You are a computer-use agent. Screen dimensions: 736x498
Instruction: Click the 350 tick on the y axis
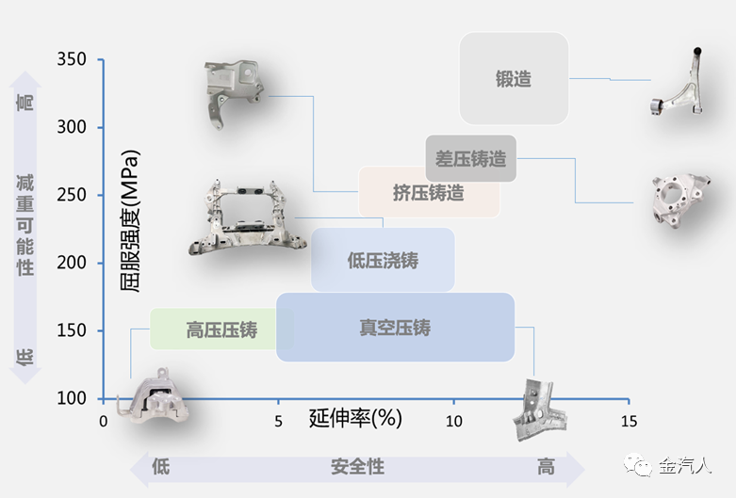coord(73,59)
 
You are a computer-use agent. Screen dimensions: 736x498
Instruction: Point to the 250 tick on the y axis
coord(73,195)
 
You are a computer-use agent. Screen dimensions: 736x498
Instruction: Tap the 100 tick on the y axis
coord(73,397)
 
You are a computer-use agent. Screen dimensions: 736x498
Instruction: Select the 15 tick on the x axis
coord(629,421)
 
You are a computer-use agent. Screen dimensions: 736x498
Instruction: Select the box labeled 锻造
coord(514,79)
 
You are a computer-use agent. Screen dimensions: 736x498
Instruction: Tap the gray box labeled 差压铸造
coord(471,159)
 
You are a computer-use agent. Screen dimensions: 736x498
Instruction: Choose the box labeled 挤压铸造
coord(429,193)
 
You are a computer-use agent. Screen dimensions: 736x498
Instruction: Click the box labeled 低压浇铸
coord(383,260)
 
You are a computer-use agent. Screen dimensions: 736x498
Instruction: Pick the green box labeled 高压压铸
coord(221,329)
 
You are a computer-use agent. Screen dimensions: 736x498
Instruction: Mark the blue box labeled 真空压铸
coord(395,328)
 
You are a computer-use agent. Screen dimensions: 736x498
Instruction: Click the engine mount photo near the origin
coord(151,400)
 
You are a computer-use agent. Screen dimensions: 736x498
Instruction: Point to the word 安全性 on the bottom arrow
coord(357,467)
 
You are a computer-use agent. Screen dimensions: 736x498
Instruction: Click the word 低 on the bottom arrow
coord(160,467)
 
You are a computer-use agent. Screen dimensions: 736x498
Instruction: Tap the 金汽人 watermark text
coord(684,465)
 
